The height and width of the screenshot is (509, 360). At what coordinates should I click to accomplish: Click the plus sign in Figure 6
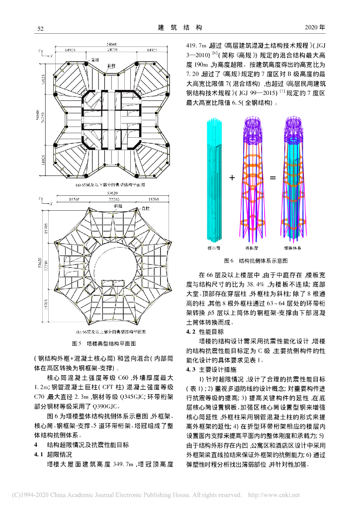232,177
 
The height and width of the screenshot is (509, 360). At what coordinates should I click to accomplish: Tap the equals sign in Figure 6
272,177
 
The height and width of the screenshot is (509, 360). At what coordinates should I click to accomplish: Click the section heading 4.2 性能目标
204,331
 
